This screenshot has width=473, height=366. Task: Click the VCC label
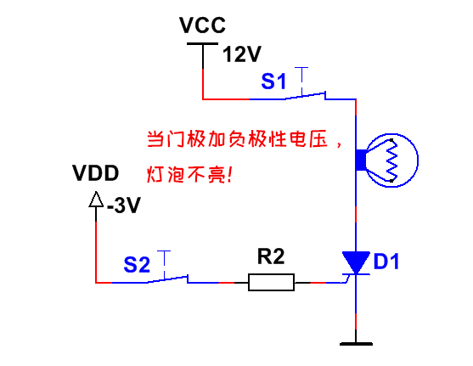[202, 25]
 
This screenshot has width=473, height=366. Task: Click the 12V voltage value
[242, 54]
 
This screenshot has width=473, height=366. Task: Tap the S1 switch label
[273, 82]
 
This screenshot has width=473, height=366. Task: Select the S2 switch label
[137, 265]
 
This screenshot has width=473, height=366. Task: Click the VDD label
[96, 173]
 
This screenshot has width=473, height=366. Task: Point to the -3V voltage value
[124, 206]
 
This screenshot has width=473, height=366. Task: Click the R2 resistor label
[271, 256]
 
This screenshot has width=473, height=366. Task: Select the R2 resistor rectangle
[271, 283]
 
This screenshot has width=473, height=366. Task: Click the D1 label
[386, 262]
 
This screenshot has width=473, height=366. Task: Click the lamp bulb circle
[391, 133]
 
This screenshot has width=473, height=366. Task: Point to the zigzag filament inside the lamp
[392, 160]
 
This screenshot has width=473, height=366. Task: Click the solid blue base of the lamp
[361, 160]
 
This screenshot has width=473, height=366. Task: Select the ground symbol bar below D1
[356, 344]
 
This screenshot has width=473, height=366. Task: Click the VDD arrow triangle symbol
[96, 200]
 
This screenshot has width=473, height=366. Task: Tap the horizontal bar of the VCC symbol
[202, 44]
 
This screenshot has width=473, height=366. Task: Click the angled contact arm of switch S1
[305, 95]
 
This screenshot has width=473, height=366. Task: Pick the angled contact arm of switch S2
[168, 279]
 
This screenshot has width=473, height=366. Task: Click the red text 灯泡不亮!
[189, 174]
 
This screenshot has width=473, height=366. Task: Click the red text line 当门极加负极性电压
[237, 139]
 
